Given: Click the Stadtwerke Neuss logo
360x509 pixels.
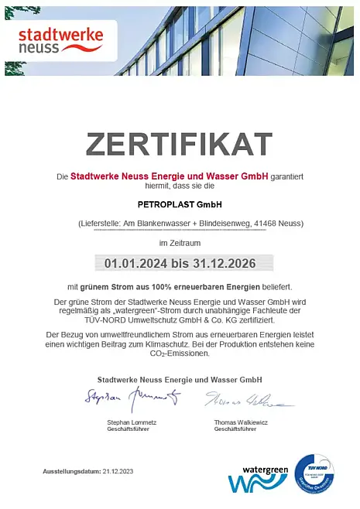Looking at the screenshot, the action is point(60,39).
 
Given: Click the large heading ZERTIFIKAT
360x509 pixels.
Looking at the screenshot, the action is point(180,144).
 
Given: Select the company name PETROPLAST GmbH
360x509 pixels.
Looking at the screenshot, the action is point(180,205).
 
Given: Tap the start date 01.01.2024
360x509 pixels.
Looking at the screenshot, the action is point(137,264).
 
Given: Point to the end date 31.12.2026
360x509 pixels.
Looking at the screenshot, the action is point(223,264).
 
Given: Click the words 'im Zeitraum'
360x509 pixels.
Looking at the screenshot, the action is point(180,243).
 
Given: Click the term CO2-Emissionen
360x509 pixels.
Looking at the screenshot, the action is point(180,354).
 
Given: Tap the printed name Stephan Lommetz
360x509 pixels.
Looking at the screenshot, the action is point(132,422).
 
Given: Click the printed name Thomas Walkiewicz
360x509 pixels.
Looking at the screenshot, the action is point(241,422).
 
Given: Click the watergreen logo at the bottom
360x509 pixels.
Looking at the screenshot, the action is point(258,479).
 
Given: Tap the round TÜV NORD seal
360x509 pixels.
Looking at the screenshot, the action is point(314,475).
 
